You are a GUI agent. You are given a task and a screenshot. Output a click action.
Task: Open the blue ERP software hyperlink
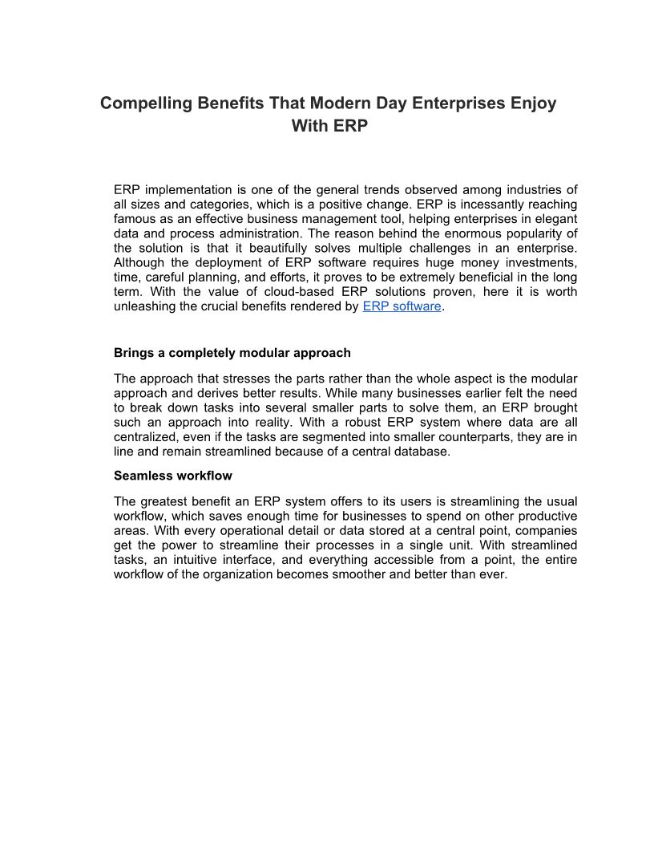(402, 306)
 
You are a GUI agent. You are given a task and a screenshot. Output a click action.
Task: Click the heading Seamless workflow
(173, 476)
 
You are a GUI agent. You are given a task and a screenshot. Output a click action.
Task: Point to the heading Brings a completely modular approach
(232, 353)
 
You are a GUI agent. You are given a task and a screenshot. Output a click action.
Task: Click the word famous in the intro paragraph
(136, 219)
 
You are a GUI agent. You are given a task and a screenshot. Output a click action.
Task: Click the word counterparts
(468, 436)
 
